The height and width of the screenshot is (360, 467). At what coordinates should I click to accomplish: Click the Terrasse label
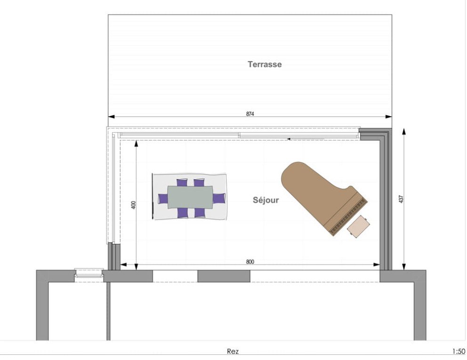click(x=265, y=64)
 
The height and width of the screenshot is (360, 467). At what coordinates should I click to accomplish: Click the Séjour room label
click(x=266, y=200)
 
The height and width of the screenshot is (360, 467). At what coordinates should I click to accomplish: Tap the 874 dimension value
click(x=250, y=113)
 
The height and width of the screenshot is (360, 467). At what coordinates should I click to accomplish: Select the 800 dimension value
click(x=250, y=262)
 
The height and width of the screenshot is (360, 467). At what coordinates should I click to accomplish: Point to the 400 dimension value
click(x=133, y=205)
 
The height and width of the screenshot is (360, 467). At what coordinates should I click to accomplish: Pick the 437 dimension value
click(x=401, y=199)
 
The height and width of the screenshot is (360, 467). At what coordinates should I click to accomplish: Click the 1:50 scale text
click(x=459, y=352)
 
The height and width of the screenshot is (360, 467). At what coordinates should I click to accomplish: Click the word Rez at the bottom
click(x=233, y=352)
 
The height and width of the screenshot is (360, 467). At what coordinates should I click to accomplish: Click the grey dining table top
click(x=190, y=197)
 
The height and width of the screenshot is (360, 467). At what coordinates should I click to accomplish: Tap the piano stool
click(x=359, y=226)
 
